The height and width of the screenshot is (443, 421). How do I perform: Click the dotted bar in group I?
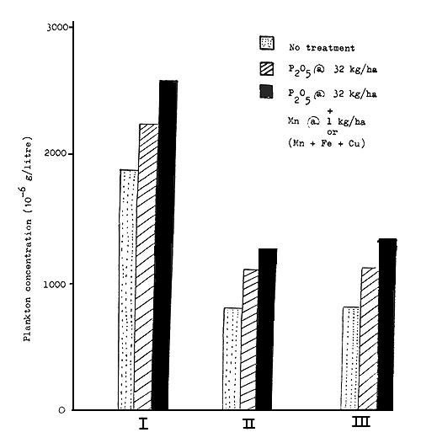(128, 290)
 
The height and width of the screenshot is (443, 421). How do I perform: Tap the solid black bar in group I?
(168, 245)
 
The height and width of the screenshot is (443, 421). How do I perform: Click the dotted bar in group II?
(232, 359)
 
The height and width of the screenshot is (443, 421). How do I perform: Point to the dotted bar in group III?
(351, 358)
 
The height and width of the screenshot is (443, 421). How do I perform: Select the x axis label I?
(144, 425)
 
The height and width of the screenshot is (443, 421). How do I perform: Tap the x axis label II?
(249, 425)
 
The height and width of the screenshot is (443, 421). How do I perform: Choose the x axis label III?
(369, 425)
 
